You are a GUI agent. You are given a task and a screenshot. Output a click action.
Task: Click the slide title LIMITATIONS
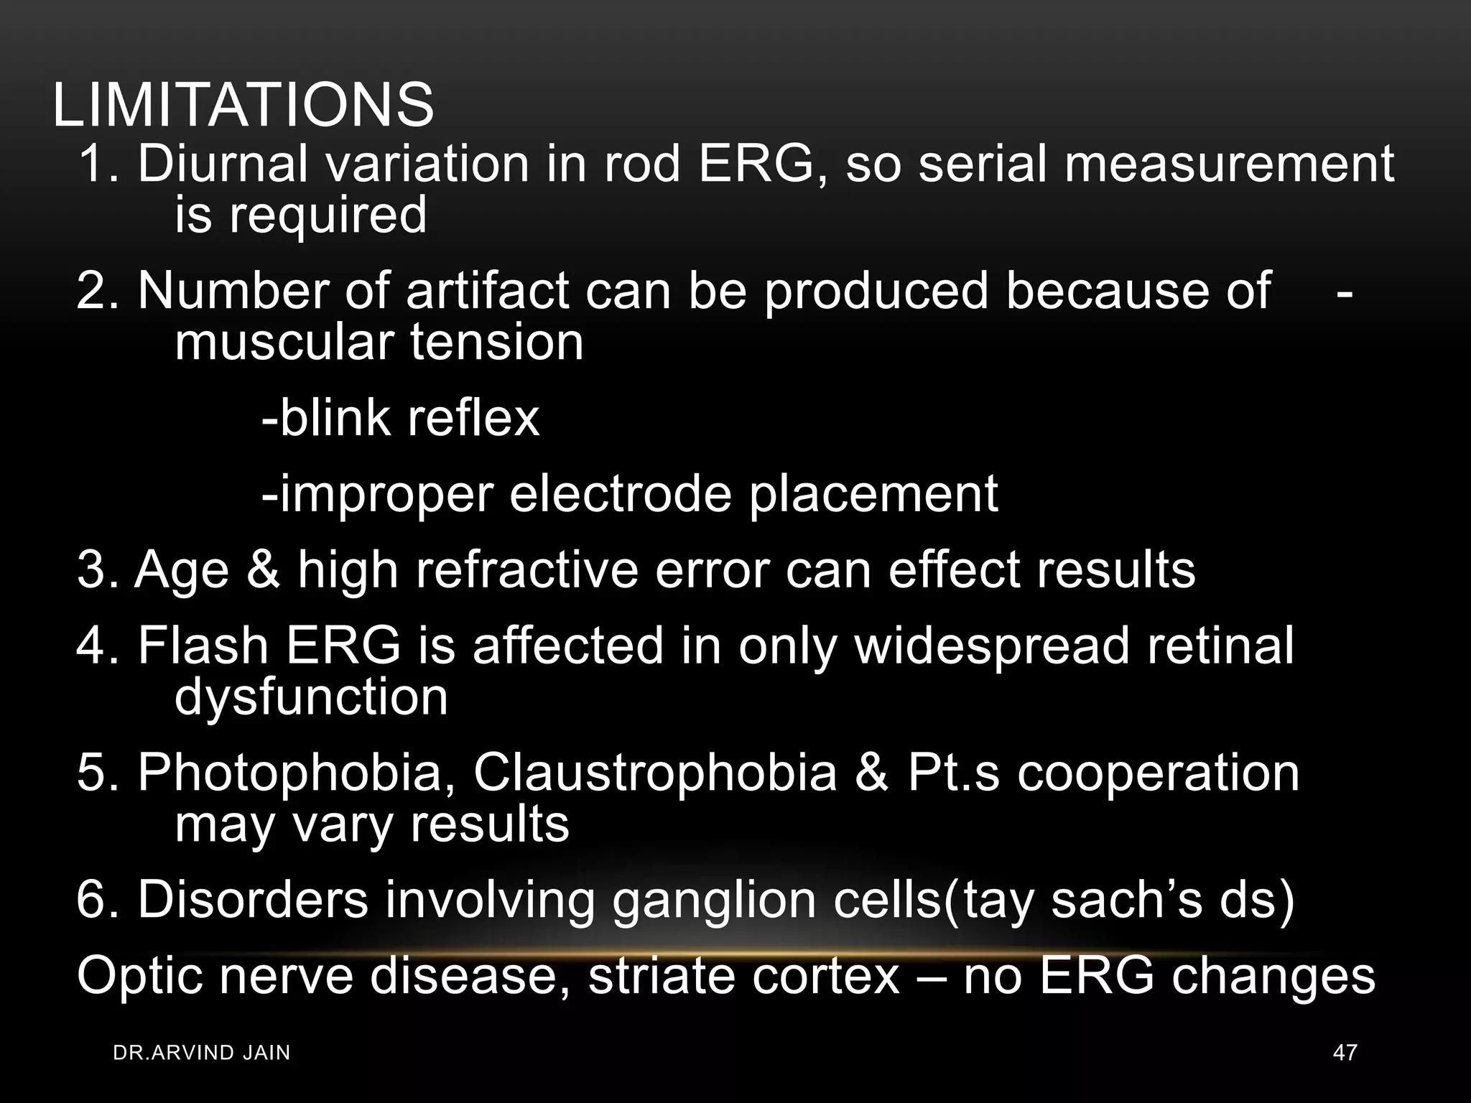pyautogui.click(x=243, y=106)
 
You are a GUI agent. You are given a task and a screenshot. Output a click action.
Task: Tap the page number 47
pyautogui.click(x=1345, y=1053)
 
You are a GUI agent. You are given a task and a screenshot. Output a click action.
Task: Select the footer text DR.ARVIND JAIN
pyautogui.click(x=202, y=1053)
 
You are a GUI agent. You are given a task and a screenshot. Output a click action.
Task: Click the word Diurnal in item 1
pyautogui.click(x=223, y=164)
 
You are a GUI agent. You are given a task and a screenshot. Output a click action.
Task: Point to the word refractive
pyautogui.click(x=527, y=570)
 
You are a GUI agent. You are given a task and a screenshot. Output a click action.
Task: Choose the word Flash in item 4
pyautogui.click(x=203, y=646)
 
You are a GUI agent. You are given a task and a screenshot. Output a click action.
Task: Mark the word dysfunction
pyautogui.click(x=311, y=697)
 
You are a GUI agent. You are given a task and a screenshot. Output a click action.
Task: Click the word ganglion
pyautogui.click(x=714, y=900)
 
